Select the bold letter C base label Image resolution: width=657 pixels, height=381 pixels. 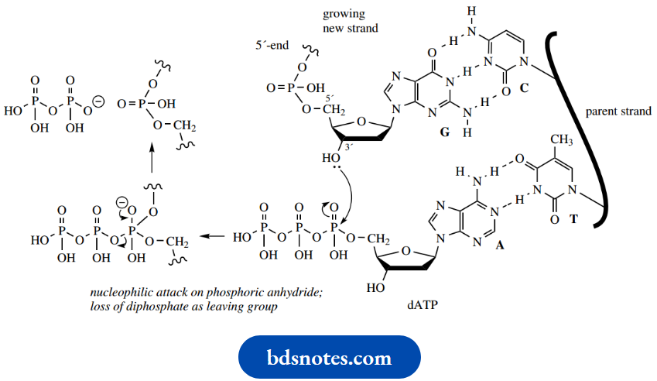524,89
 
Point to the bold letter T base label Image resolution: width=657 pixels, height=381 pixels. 573,219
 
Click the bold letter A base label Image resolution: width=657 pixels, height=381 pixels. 499,244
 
